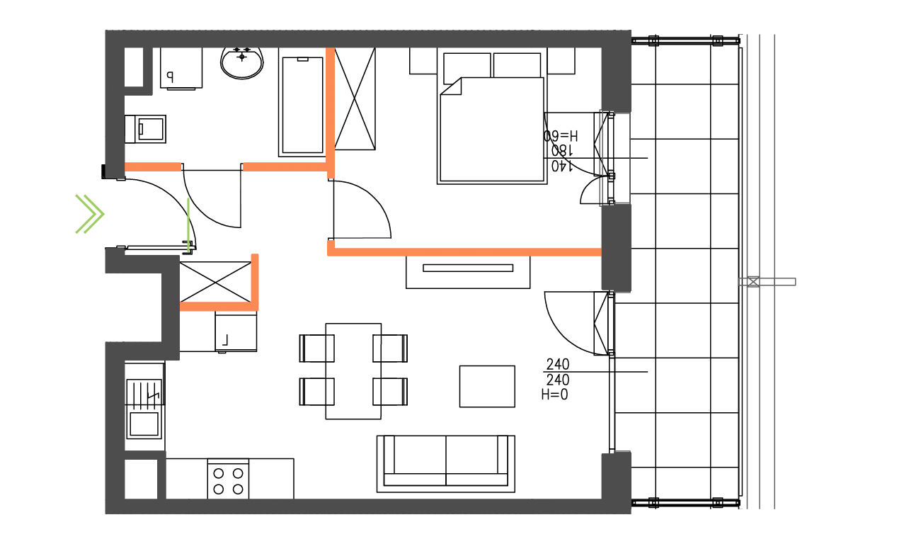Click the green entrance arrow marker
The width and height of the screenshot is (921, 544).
(90, 213)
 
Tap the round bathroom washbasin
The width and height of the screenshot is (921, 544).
(242, 62)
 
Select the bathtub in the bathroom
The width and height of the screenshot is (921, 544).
(303, 104)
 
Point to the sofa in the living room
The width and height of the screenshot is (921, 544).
(446, 463)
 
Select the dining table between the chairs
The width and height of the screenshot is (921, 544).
(353, 370)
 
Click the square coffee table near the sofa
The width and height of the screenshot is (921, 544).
(486, 386)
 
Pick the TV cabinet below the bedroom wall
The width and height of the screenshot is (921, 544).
(468, 272)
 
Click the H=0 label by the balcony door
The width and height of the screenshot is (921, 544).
(554, 395)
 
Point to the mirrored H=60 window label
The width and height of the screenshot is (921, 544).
(561, 135)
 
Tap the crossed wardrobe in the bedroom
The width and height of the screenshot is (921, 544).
(355, 98)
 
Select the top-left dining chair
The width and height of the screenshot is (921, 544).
(316, 348)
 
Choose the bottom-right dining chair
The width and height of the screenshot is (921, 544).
(391, 391)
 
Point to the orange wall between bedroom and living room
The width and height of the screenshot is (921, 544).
(464, 251)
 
